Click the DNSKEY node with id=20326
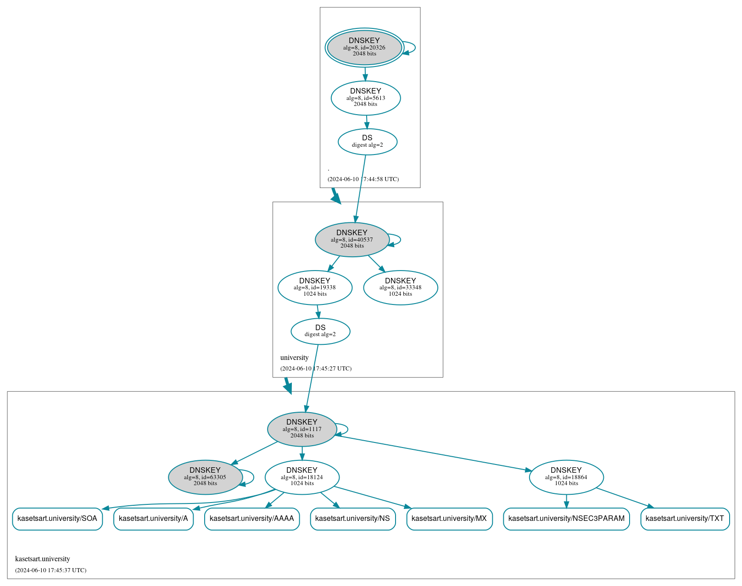pos(364,47)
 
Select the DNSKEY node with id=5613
pos(366,98)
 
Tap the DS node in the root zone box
pos(367,141)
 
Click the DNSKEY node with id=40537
pos(352,239)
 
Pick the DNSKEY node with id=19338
pos(315,287)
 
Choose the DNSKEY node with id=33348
pos(400,287)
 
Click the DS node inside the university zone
pos(320,331)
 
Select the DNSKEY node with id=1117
pos(302,429)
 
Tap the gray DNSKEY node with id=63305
pos(205,477)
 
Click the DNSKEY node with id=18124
pos(302,477)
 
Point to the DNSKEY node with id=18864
pos(566,477)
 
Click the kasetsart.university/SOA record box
pos(57,519)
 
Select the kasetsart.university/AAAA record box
pos(251,519)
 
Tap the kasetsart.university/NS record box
pos(352,519)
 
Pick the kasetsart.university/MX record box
pos(449,519)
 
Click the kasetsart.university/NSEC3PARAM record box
pos(566,519)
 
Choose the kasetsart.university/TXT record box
pos(685,519)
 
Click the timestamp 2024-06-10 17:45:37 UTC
pos(50,570)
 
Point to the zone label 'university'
pos(294,358)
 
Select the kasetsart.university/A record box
pos(153,519)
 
